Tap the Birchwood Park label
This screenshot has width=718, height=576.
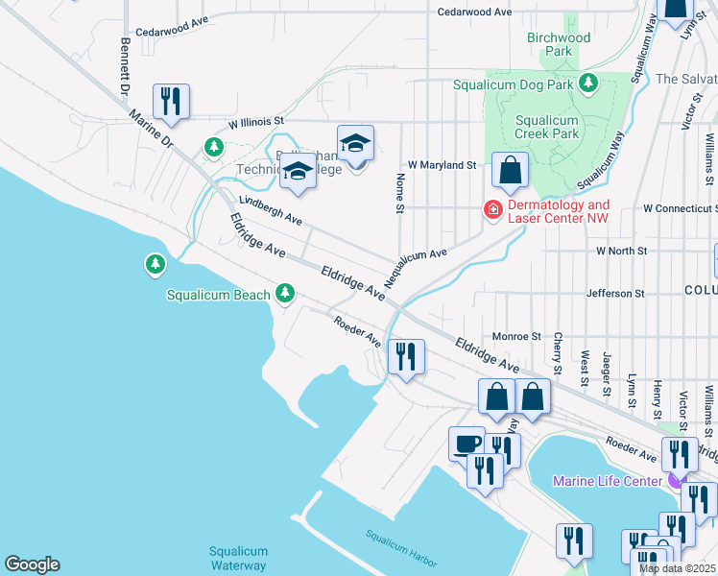tap(559, 44)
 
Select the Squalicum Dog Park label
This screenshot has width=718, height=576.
tap(527, 85)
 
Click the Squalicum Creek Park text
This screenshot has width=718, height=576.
tap(546, 127)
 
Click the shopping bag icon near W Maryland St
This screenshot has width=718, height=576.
tap(511, 171)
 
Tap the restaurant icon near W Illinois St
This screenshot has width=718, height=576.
tap(171, 101)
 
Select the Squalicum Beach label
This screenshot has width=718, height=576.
tap(218, 295)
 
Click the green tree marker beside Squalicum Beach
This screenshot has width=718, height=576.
tap(284, 292)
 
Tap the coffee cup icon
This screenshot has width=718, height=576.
tap(467, 444)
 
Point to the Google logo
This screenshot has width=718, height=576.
tap(32, 564)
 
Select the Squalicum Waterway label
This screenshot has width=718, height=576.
tap(238, 558)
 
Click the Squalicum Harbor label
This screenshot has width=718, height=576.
tap(402, 547)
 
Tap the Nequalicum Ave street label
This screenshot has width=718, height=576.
tap(417, 269)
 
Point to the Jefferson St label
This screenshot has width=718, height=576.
tap(622, 293)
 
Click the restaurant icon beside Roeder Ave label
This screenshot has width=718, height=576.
tap(405, 358)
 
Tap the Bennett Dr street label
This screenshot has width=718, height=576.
tap(125, 66)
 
